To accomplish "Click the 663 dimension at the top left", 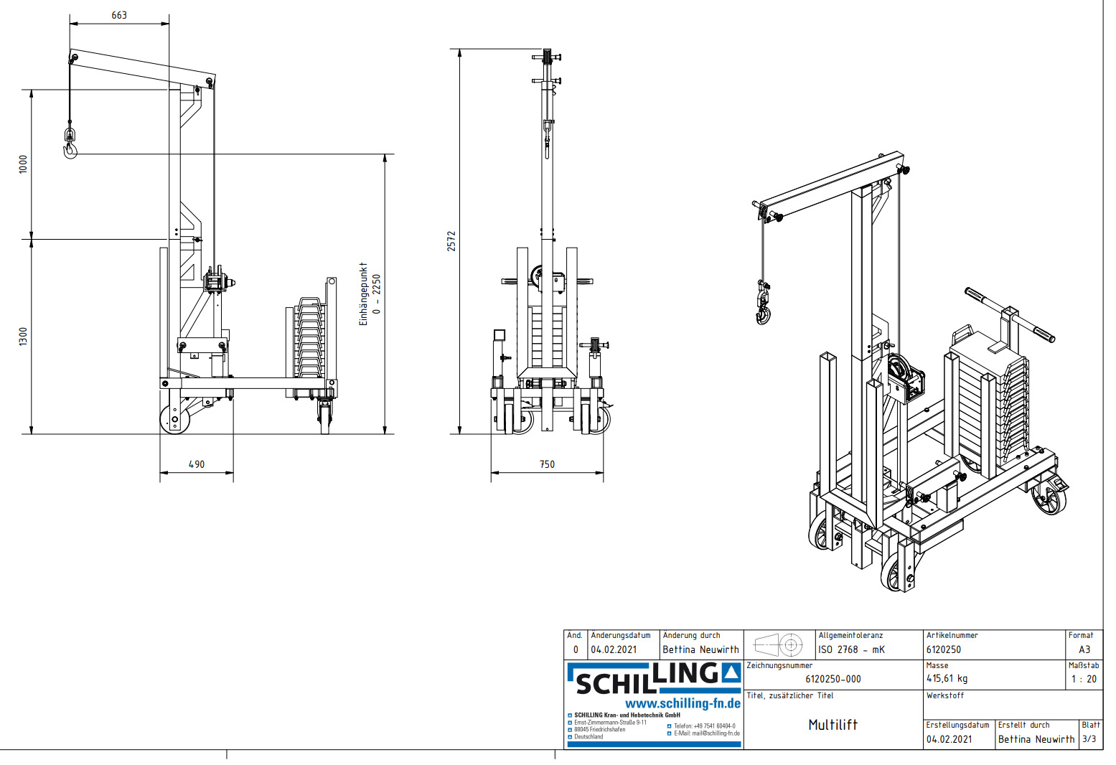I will (x=119, y=15).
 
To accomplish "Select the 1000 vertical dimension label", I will (x=23, y=164).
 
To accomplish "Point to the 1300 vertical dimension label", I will (x=23, y=336).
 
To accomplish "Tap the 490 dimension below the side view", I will (x=197, y=464).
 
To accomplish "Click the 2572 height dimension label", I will (x=451, y=240).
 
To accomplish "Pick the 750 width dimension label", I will (x=547, y=464).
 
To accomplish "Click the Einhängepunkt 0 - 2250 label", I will (x=370, y=294).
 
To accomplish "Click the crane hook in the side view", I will (x=70, y=149).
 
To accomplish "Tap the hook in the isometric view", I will (x=763, y=314).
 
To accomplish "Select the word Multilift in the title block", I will (x=833, y=725).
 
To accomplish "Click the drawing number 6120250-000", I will (x=833, y=679).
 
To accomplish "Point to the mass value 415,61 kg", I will (x=947, y=678).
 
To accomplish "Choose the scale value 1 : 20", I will (x=1084, y=679).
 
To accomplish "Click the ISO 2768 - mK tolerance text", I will (x=851, y=649).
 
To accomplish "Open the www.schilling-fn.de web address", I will (x=683, y=703).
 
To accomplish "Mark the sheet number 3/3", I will (x=1089, y=738).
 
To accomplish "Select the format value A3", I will (x=1084, y=649).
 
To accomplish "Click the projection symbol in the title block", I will (x=779, y=644).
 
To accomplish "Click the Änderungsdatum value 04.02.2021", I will (x=614, y=649).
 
